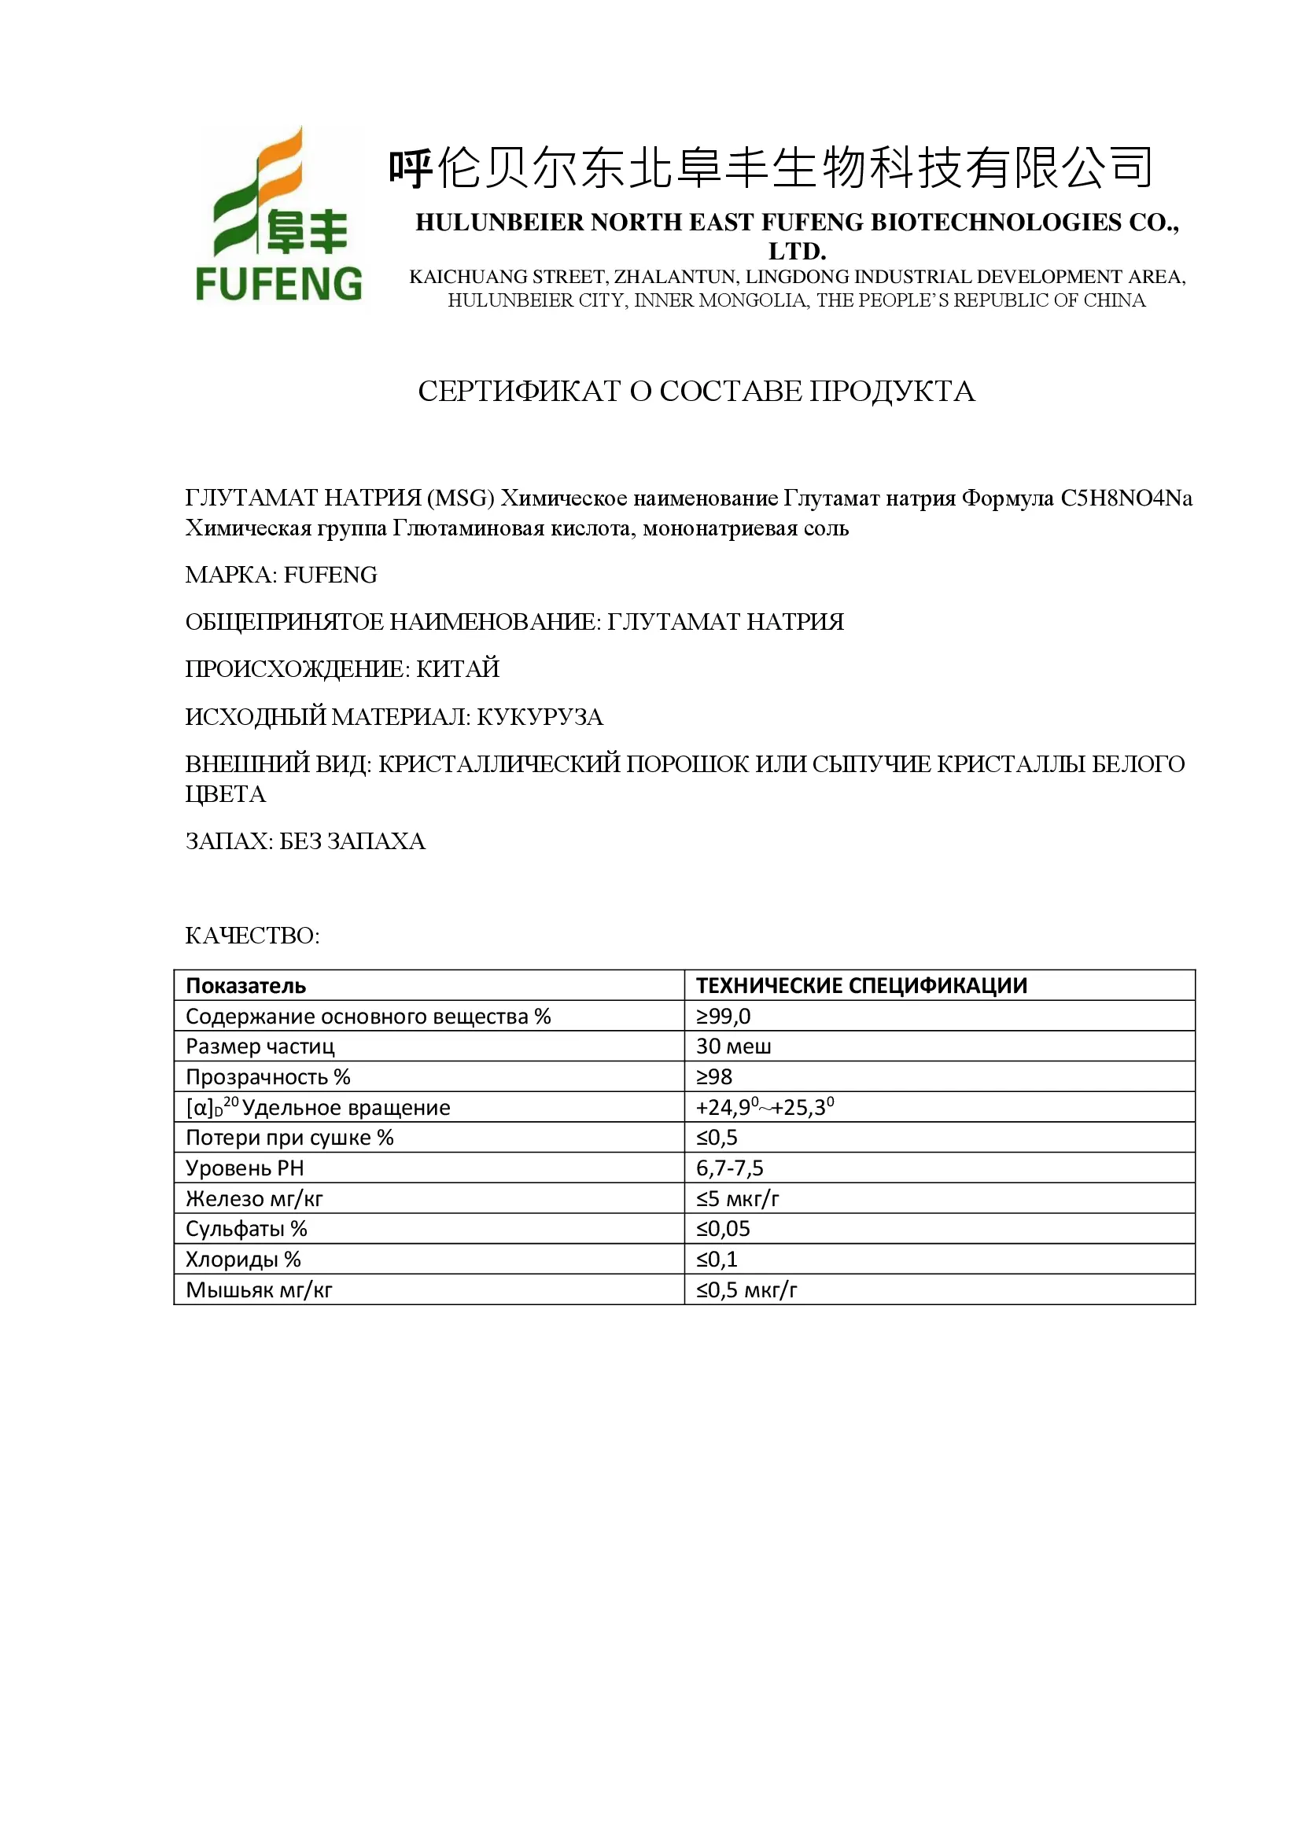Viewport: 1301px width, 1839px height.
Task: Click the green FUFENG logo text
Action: tap(278, 285)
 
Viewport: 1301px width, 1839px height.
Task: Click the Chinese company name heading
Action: tap(771, 168)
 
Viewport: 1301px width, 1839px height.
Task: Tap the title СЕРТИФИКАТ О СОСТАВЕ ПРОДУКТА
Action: tap(696, 391)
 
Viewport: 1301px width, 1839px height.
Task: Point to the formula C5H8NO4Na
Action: tap(1126, 498)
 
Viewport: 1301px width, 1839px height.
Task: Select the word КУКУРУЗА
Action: tap(540, 716)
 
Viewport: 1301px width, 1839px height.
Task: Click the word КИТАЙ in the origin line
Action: tap(458, 668)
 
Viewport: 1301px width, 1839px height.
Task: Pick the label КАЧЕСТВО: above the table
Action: tap(252, 935)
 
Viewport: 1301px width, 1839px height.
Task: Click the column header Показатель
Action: tap(246, 985)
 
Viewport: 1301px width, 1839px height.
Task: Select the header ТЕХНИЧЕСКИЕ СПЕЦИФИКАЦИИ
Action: tap(861, 985)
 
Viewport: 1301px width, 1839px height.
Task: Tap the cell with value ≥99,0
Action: tap(724, 1016)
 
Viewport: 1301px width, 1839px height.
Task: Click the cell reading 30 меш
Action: tap(733, 1046)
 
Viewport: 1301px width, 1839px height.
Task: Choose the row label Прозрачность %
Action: tap(267, 1076)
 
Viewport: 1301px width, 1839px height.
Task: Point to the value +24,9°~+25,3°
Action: tap(765, 1107)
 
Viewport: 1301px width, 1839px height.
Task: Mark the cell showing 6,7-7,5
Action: tap(729, 1168)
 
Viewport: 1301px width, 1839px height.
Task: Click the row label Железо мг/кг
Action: tap(254, 1198)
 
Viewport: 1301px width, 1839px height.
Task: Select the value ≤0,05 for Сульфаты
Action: tap(723, 1229)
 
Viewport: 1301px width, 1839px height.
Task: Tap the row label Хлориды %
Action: tap(243, 1259)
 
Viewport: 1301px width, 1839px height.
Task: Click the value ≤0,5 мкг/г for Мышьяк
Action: tap(746, 1289)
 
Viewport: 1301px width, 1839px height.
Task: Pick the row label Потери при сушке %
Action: tap(289, 1138)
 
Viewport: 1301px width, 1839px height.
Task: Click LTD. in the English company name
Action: tap(796, 252)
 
